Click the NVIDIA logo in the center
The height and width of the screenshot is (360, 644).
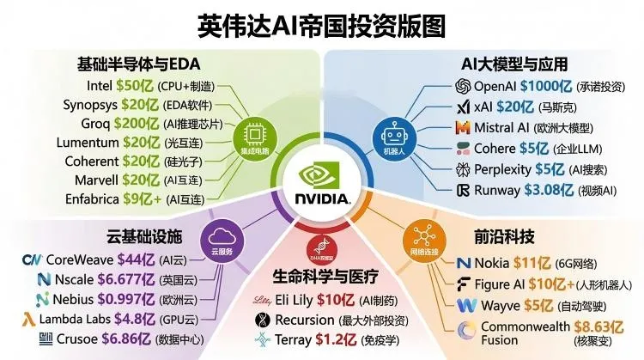coord(321,184)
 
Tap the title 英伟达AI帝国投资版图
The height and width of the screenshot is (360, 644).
coord(321,25)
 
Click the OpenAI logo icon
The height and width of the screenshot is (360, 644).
coord(462,86)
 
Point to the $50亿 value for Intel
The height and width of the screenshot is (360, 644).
coord(136,86)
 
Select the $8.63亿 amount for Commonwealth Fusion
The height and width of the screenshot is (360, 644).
coord(592,326)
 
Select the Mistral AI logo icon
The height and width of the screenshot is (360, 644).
coord(462,127)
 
